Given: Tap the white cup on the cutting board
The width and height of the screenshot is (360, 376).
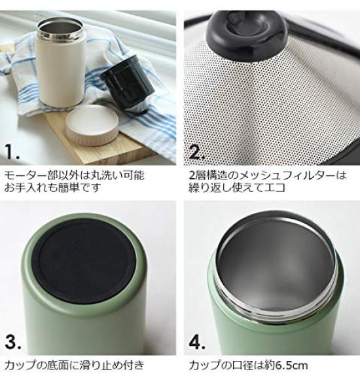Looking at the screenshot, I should (61, 72).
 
